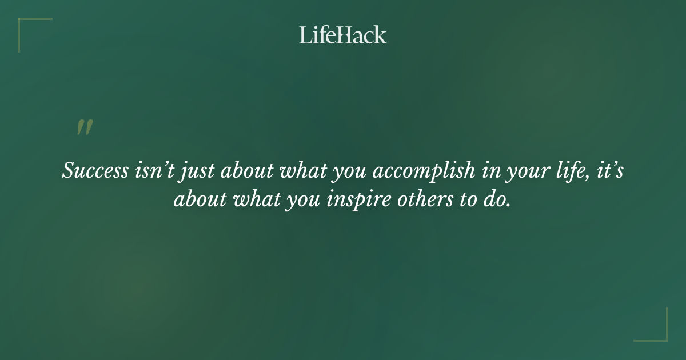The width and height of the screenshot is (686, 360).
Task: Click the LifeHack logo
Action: click(x=343, y=35)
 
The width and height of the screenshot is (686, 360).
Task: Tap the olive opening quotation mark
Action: click(x=85, y=127)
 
